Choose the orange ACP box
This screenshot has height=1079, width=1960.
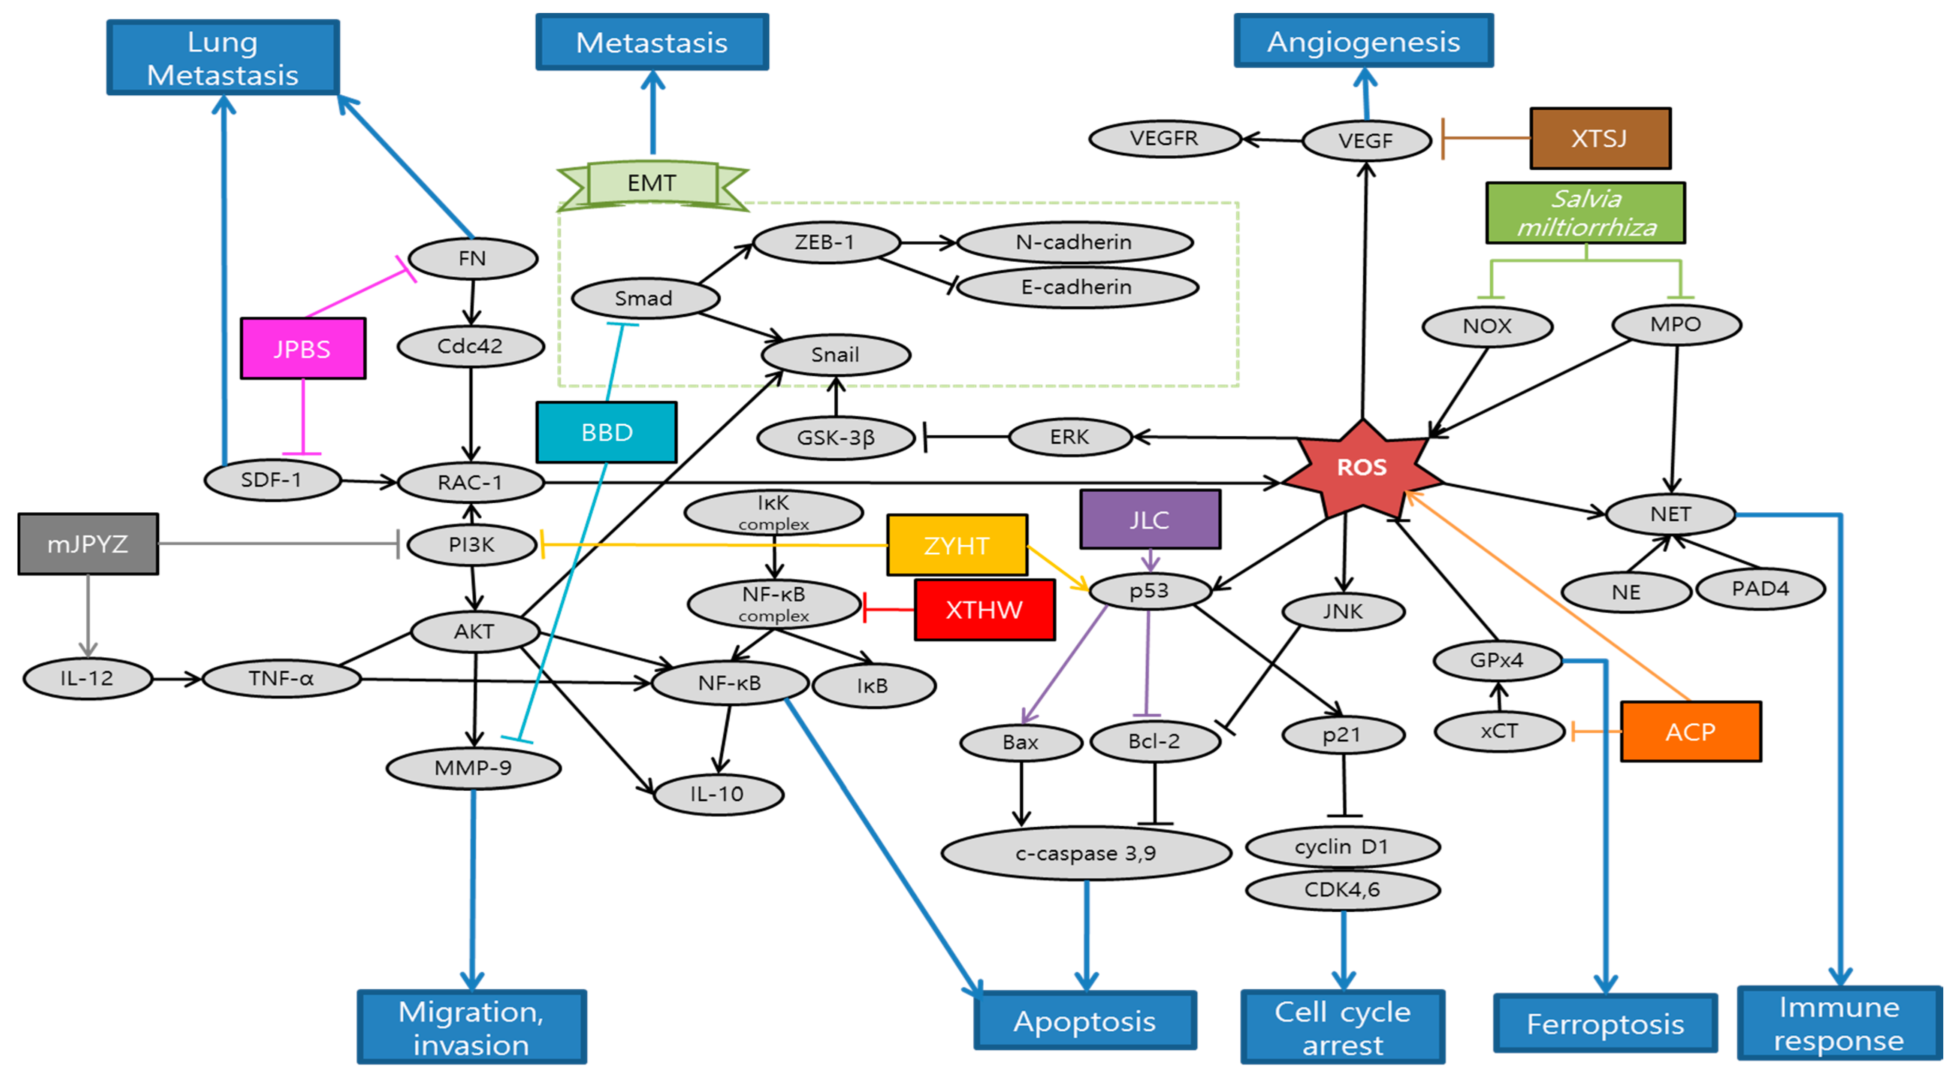click(x=1690, y=731)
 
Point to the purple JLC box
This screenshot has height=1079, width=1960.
click(x=1150, y=520)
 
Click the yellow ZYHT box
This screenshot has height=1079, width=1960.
click(x=957, y=546)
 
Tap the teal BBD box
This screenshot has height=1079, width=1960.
click(x=607, y=432)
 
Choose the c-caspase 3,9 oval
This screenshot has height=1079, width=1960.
click(x=1086, y=853)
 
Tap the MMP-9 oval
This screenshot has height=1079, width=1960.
click(x=473, y=768)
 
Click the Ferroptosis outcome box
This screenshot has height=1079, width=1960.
click(x=1605, y=1024)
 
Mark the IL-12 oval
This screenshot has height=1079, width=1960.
click(x=88, y=678)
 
